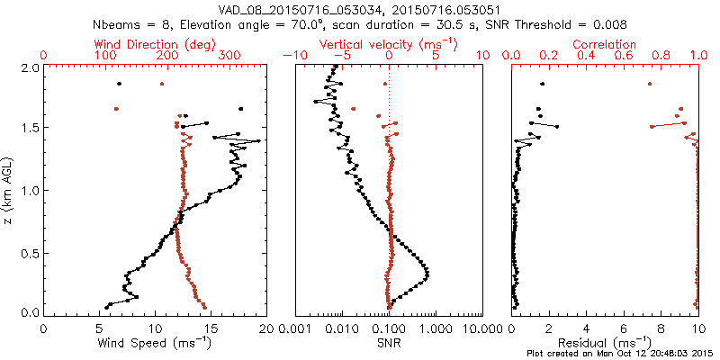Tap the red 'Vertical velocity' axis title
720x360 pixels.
[x=388, y=43]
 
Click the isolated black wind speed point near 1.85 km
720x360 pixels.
[x=119, y=84]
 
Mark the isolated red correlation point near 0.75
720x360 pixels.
[x=650, y=84]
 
